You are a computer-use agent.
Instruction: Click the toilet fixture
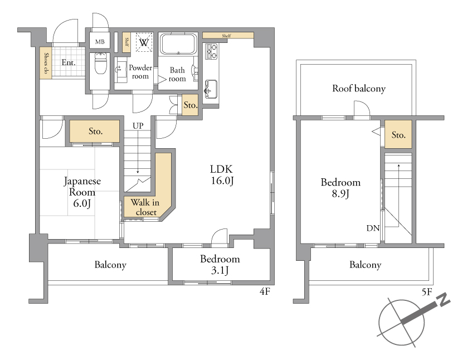click(x=100, y=63)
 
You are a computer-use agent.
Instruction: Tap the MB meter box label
click(x=100, y=42)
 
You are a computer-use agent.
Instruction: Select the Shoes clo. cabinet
click(x=46, y=63)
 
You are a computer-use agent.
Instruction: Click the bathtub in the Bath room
click(x=178, y=44)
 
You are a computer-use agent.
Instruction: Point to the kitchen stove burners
click(x=211, y=51)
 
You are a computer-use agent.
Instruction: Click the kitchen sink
click(x=211, y=89)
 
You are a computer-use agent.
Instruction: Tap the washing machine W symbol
click(x=144, y=42)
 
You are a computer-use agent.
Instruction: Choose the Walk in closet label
click(x=145, y=207)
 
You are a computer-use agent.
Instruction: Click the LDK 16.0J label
click(x=222, y=175)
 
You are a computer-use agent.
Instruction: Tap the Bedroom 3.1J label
click(x=220, y=265)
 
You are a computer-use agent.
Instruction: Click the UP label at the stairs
click(x=138, y=126)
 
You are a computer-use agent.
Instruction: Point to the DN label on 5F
click(x=373, y=228)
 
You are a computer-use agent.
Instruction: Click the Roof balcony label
click(x=359, y=89)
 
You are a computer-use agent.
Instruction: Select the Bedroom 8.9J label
click(x=340, y=188)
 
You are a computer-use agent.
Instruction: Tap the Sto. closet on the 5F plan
click(x=398, y=134)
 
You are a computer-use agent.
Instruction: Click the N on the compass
click(x=444, y=300)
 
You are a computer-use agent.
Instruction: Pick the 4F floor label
click(x=265, y=291)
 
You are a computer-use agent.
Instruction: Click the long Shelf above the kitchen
click(x=228, y=36)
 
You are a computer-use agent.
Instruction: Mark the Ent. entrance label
click(x=69, y=62)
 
